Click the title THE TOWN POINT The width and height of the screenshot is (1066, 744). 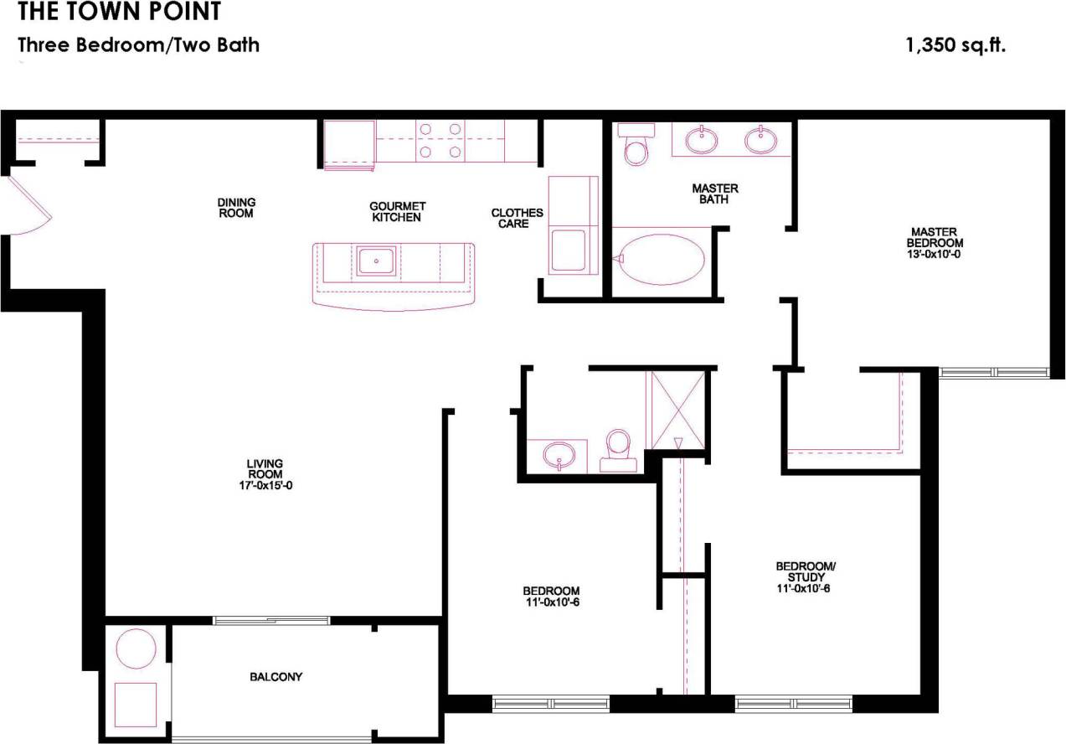(x=120, y=12)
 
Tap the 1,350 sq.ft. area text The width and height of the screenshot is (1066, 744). (x=955, y=45)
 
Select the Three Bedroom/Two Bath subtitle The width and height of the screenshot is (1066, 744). (x=139, y=45)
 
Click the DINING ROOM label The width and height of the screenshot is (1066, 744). (x=236, y=208)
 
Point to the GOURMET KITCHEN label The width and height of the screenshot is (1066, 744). (x=398, y=211)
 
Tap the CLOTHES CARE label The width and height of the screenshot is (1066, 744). (x=517, y=218)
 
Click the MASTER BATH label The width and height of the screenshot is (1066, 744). (x=715, y=194)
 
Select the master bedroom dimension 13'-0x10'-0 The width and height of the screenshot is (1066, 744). (x=935, y=254)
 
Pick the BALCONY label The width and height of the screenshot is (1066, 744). (x=276, y=677)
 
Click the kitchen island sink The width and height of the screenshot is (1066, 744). (x=377, y=261)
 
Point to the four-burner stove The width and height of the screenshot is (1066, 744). (x=440, y=140)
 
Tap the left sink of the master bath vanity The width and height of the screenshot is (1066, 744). (x=702, y=139)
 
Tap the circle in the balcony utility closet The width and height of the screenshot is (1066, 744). (x=135, y=649)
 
